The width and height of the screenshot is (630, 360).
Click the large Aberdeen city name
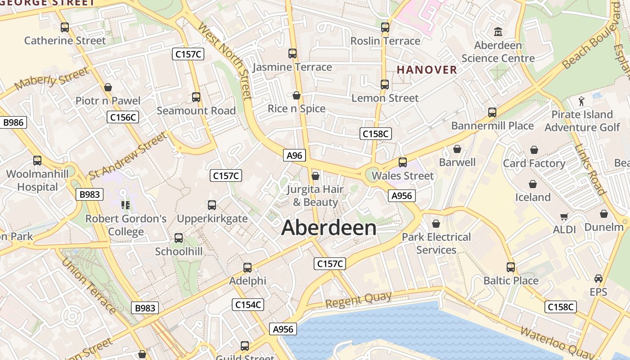tap(329, 228)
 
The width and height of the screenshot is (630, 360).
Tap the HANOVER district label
tap(427, 70)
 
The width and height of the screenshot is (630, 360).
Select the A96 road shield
tap(295, 155)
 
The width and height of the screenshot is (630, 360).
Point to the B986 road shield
tap(13, 122)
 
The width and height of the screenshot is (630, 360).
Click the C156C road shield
tap(123, 117)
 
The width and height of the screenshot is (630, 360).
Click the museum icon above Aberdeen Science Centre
tap(498, 32)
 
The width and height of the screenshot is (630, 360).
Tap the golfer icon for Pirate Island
tap(582, 101)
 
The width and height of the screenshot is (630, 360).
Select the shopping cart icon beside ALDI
tap(564, 217)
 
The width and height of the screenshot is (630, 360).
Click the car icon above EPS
tap(598, 279)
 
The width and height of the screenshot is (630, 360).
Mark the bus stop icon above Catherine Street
tap(65, 27)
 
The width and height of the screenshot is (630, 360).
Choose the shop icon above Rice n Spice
tap(297, 95)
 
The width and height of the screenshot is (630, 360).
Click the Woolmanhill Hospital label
tap(38, 180)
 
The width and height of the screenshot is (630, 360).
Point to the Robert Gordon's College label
tap(126, 225)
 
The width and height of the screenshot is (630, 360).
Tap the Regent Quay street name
tap(358, 300)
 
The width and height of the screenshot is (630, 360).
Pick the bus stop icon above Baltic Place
tap(511, 267)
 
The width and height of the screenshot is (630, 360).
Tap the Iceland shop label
tap(533, 197)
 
